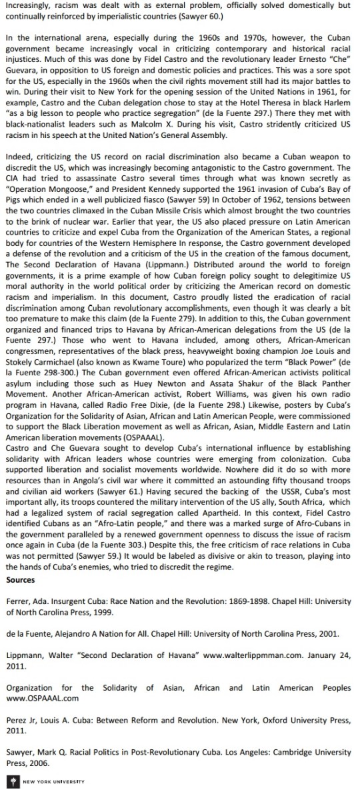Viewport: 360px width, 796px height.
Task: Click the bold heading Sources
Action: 20,579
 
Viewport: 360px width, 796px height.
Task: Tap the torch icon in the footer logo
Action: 9,781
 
